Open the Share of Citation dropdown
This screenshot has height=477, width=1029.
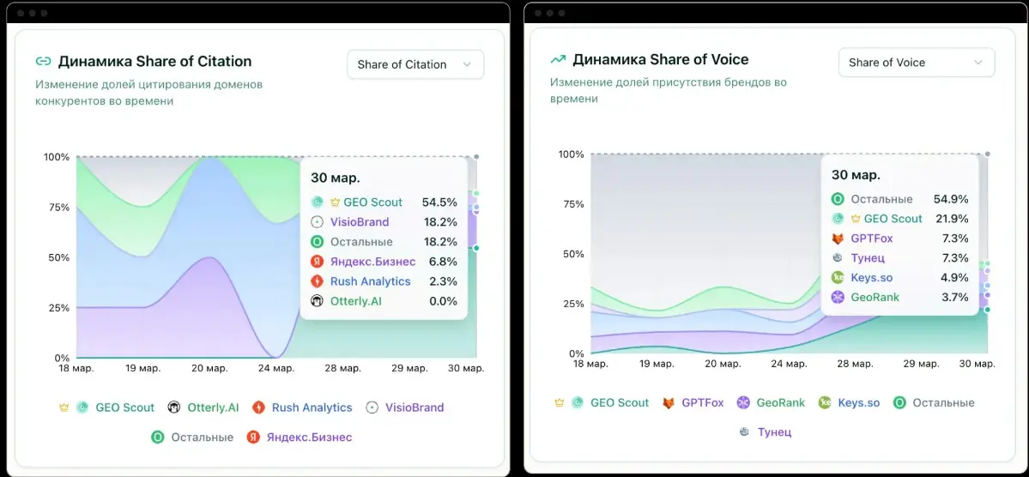click(x=415, y=64)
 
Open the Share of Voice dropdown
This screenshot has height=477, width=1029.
click(x=916, y=63)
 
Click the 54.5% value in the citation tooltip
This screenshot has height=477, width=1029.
click(x=439, y=202)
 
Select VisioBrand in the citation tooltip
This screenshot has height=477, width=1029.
click(x=360, y=222)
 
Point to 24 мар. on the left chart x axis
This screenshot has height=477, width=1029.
click(x=275, y=368)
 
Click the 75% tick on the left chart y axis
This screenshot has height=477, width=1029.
click(x=57, y=208)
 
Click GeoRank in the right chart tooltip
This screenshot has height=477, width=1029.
click(x=875, y=297)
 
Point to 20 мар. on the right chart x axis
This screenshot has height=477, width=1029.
click(x=722, y=364)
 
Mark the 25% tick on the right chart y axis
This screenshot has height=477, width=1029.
click(x=572, y=304)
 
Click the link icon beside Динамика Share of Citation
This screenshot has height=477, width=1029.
click(x=43, y=61)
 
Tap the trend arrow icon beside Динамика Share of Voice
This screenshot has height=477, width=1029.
click(x=558, y=59)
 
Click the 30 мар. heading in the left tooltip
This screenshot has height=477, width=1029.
click(x=336, y=178)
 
